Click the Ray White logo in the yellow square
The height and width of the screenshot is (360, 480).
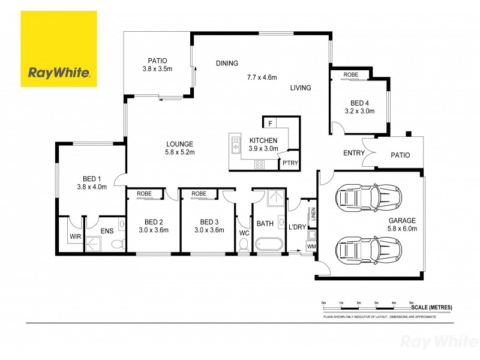tap(59, 73)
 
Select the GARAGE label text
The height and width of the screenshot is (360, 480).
tap(401, 220)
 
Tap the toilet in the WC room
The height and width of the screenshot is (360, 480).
tap(244, 245)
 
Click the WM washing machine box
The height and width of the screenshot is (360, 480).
tap(311, 246)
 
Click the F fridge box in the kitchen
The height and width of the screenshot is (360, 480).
tap(271, 124)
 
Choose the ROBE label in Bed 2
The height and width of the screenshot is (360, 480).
tap(144, 194)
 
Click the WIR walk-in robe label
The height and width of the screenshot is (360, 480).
tap(75, 237)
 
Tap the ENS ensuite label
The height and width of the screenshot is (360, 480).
tap(106, 230)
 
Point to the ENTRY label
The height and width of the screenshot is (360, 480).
tap(354, 153)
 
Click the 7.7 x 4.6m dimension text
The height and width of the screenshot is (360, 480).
tap(261, 77)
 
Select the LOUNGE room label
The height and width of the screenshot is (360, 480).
tap(180, 144)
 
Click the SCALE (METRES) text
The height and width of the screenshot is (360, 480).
tap(431, 308)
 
